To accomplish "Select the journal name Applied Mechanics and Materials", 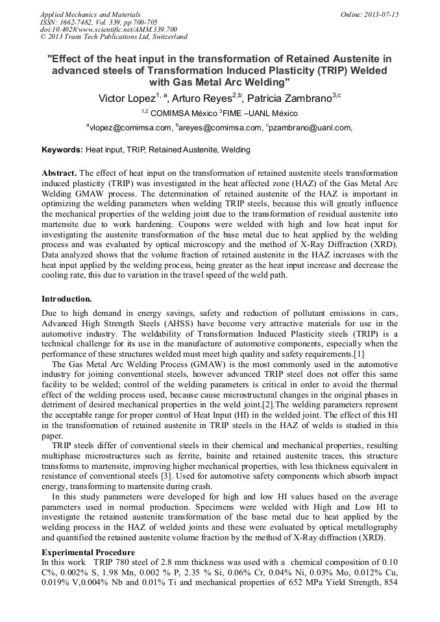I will pos(90,14).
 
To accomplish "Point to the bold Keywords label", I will pos(62,150).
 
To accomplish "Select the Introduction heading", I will pos(66,299).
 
